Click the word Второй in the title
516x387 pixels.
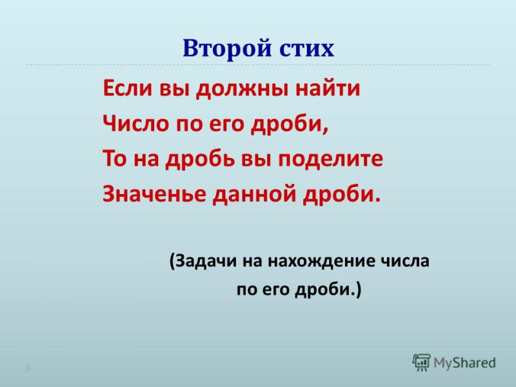click(x=227, y=49)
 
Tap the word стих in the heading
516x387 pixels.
click(x=307, y=49)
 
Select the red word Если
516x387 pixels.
click(x=128, y=88)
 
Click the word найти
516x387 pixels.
click(x=328, y=88)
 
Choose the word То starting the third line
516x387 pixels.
click(x=115, y=159)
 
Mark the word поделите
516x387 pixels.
click(x=330, y=159)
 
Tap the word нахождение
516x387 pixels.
click(x=321, y=261)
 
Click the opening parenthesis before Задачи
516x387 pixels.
click(x=172, y=262)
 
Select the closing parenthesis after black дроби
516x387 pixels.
click(x=359, y=290)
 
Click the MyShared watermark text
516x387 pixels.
click(x=464, y=363)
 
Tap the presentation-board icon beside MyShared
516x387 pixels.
click(x=422, y=362)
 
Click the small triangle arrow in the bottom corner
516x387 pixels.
click(x=28, y=368)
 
